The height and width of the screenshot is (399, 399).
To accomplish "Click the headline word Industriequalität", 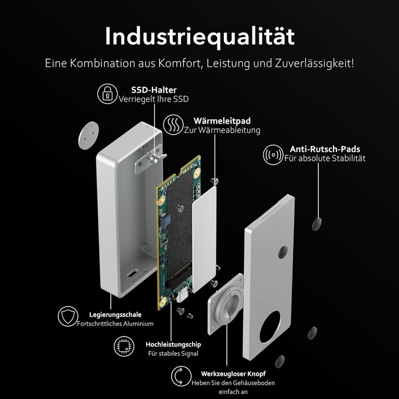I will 199,37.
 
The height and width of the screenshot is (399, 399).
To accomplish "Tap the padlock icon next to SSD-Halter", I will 107,94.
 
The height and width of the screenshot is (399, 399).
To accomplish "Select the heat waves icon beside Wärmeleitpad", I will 173,125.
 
